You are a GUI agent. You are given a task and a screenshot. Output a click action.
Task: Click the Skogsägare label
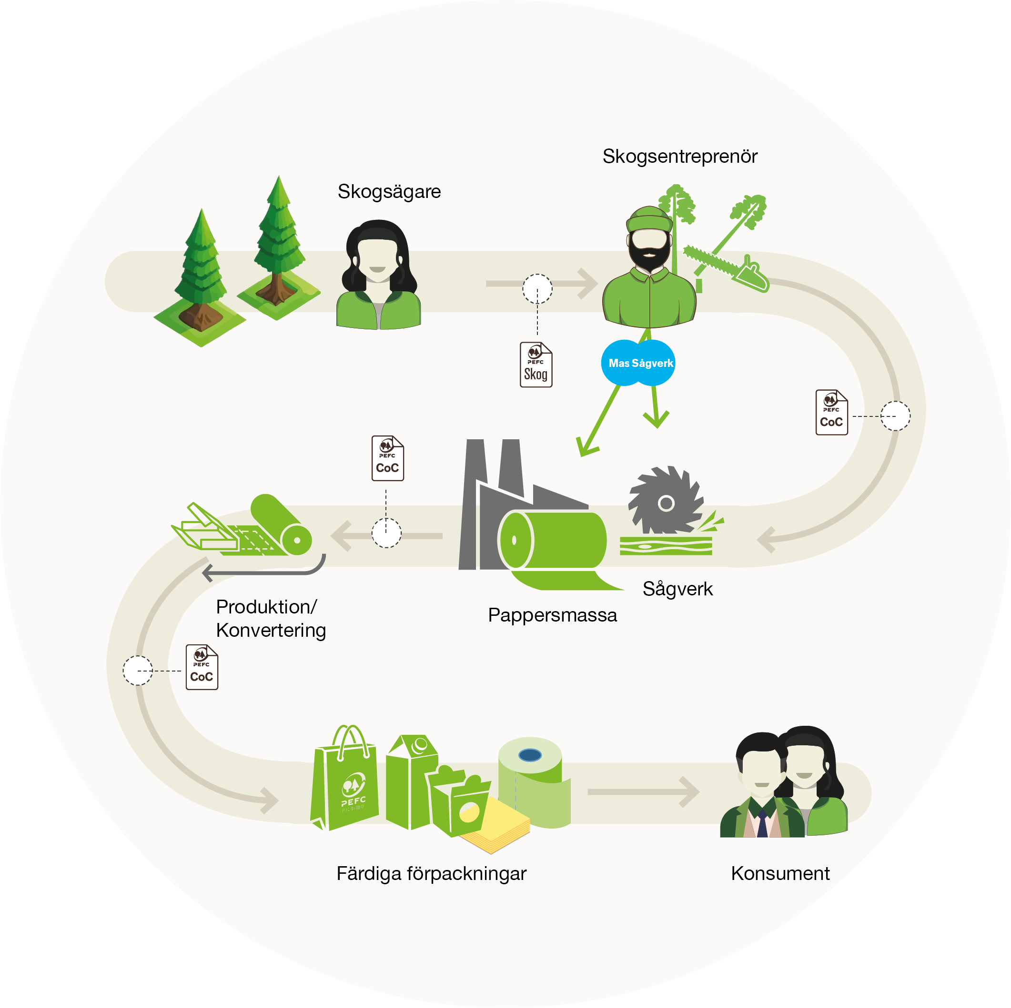(x=389, y=192)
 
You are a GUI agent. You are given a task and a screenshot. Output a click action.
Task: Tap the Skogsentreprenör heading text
(x=680, y=156)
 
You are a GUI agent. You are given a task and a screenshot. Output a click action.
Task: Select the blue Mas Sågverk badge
(x=638, y=363)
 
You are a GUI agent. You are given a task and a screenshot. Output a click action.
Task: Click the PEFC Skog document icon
(x=536, y=365)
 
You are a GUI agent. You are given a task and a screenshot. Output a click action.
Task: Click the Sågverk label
(x=677, y=589)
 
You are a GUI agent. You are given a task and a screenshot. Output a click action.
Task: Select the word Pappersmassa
(x=552, y=615)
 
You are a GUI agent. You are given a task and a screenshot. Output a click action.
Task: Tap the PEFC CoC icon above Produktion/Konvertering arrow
(x=387, y=458)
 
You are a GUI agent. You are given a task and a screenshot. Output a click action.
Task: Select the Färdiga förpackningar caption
(x=431, y=874)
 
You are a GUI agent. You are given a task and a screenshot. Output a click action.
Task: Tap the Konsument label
(x=780, y=874)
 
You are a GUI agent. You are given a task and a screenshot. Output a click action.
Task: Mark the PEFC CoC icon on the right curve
(x=831, y=413)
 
